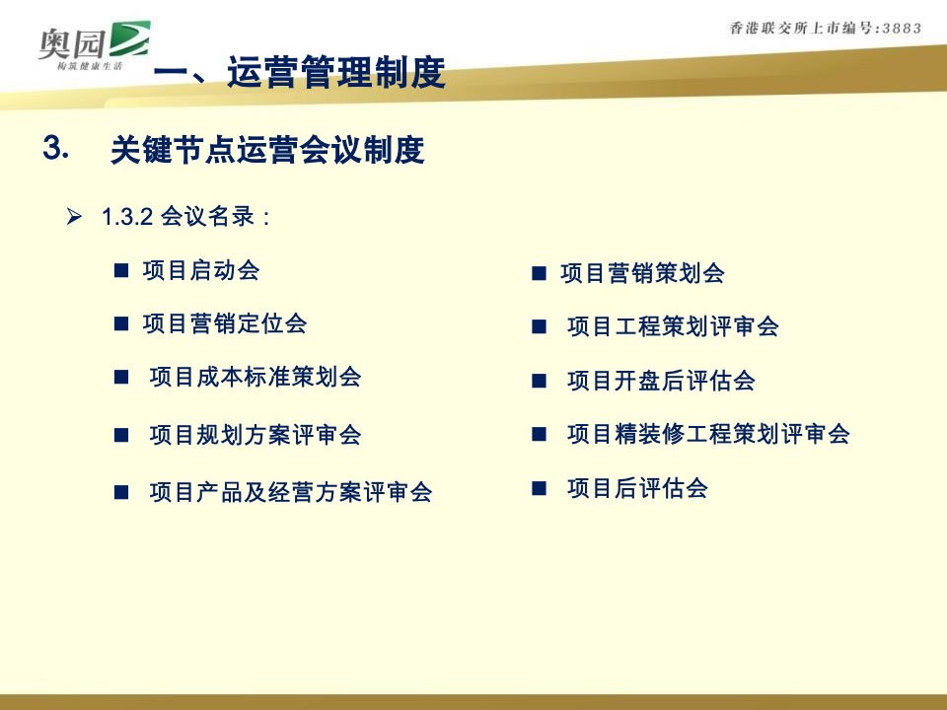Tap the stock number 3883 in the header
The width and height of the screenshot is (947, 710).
(898, 29)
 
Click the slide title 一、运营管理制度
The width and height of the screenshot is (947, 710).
(301, 74)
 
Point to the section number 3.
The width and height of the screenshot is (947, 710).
(55, 148)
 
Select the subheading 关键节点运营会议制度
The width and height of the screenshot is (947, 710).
(267, 151)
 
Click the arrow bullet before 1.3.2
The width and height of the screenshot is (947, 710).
(73, 217)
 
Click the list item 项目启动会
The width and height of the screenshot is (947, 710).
(201, 270)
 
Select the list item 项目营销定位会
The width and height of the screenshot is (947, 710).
(225, 323)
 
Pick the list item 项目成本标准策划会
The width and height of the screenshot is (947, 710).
(255, 377)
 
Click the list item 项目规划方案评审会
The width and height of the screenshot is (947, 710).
(255, 435)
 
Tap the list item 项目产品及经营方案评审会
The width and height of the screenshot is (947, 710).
(291, 492)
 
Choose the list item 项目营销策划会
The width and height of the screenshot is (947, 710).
(642, 274)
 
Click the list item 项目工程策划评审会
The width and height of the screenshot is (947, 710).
(673, 326)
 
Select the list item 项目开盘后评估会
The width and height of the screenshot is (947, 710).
(661, 381)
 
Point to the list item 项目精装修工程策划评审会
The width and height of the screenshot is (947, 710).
(708, 434)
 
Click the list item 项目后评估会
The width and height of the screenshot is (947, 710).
(637, 487)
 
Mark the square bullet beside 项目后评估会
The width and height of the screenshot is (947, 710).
(539, 488)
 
